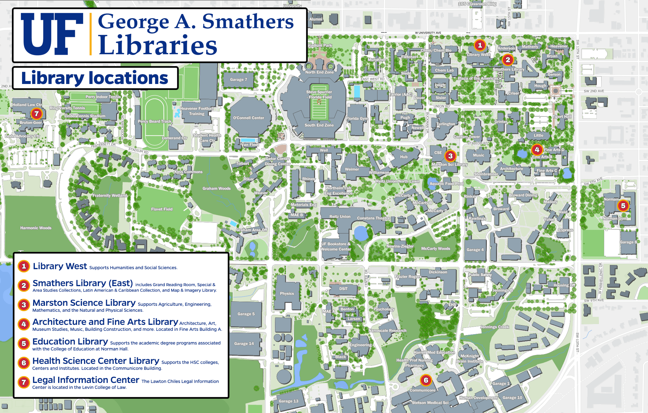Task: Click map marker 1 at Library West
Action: point(480,45)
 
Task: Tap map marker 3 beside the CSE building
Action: point(450,156)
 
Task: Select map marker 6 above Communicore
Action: point(426,380)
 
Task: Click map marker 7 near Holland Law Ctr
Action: point(36,113)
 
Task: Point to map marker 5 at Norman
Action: point(623,205)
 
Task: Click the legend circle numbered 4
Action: point(24,324)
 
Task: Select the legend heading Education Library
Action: point(70,342)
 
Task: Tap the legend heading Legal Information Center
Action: point(86,380)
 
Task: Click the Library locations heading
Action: point(95,78)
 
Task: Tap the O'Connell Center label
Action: point(248,118)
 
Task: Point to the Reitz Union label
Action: point(340,216)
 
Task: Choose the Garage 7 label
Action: point(238,80)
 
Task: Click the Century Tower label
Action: point(467,137)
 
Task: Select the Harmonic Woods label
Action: point(36,228)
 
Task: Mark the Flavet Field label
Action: point(162,209)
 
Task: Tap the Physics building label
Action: point(287,293)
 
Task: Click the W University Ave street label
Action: point(428,33)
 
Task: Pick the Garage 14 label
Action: point(244,343)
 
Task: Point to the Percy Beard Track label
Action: point(155,121)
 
